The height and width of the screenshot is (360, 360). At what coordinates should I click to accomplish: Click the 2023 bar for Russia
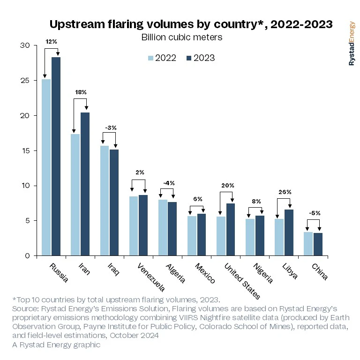[x=56, y=156]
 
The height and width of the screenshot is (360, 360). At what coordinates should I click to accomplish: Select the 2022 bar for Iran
[x=75, y=195]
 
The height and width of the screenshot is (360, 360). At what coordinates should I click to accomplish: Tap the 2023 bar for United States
[x=230, y=229]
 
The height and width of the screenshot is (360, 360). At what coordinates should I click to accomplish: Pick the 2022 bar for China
[x=308, y=244]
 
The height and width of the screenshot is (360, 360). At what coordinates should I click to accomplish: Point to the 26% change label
[x=285, y=192]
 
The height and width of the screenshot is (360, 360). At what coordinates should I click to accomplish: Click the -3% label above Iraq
[x=110, y=127]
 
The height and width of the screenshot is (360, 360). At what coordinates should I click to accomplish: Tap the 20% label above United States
[x=227, y=186]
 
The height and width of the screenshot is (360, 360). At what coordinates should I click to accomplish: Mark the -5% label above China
[x=314, y=213]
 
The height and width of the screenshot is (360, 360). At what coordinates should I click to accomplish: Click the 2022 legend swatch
[x=151, y=58]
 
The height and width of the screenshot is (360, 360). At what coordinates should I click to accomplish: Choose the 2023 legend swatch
[x=189, y=58]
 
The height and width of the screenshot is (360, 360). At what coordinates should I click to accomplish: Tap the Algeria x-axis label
[x=175, y=274]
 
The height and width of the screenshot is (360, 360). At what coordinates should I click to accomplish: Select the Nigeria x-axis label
[x=262, y=273]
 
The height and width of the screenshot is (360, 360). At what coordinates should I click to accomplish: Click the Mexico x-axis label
[x=204, y=274]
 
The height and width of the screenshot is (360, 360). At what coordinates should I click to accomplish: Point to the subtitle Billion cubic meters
[x=181, y=37]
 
